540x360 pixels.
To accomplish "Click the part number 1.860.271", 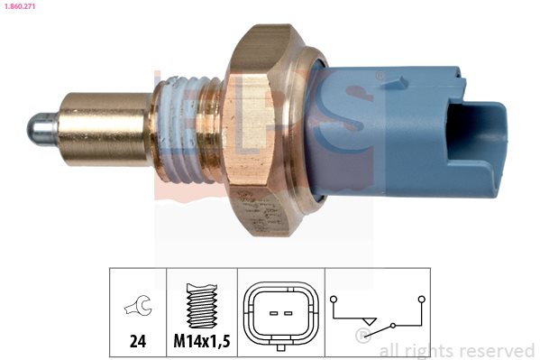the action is pos(20,6).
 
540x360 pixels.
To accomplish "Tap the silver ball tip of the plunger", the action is pos(41,129).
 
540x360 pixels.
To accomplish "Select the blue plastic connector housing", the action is pos(407,133).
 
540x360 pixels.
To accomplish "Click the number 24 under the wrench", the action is pos(138,341).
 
